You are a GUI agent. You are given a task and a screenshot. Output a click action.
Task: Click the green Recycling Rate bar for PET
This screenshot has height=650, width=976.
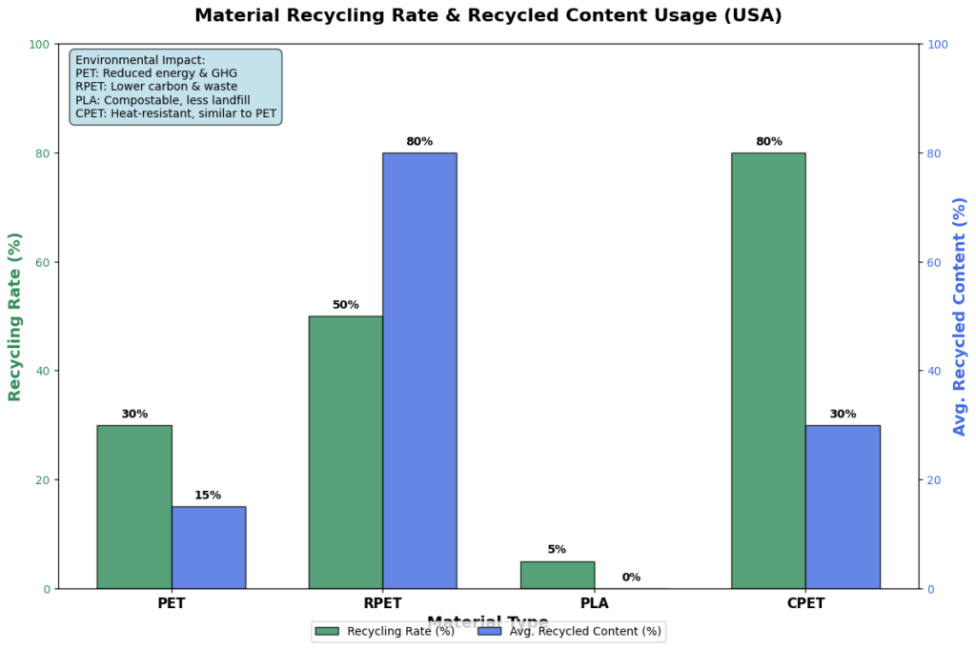pyautogui.click(x=134, y=506)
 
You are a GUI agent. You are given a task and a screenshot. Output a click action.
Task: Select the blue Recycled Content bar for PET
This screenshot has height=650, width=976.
pyautogui.click(x=208, y=547)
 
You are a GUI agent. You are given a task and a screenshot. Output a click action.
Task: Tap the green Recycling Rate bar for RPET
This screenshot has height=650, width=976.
pyautogui.click(x=346, y=452)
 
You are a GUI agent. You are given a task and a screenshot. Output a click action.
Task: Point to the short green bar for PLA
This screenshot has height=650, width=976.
pyautogui.click(x=558, y=575)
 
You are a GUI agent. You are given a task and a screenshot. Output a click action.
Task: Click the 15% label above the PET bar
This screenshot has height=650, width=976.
pyautogui.click(x=208, y=496)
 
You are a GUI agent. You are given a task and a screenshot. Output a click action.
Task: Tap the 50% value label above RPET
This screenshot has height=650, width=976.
pyautogui.click(x=346, y=305)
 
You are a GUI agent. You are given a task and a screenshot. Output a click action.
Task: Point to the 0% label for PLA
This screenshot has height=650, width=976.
pyautogui.click(x=631, y=578)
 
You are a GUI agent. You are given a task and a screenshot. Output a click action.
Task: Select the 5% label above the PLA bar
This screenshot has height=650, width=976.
pyautogui.click(x=558, y=550)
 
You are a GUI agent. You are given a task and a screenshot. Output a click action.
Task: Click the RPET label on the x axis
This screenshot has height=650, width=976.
pyautogui.click(x=383, y=603)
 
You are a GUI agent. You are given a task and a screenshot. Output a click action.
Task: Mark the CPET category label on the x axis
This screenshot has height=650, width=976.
pyautogui.click(x=805, y=603)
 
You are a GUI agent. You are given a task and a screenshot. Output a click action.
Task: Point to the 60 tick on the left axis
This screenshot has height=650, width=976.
pyautogui.click(x=44, y=262)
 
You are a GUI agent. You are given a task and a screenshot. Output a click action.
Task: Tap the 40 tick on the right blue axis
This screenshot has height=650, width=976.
pyautogui.click(x=935, y=371)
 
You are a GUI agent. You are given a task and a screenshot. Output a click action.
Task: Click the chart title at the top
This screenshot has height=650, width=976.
pyautogui.click(x=488, y=15)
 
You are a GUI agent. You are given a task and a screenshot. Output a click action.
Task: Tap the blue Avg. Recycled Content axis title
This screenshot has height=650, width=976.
pyautogui.click(x=960, y=316)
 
